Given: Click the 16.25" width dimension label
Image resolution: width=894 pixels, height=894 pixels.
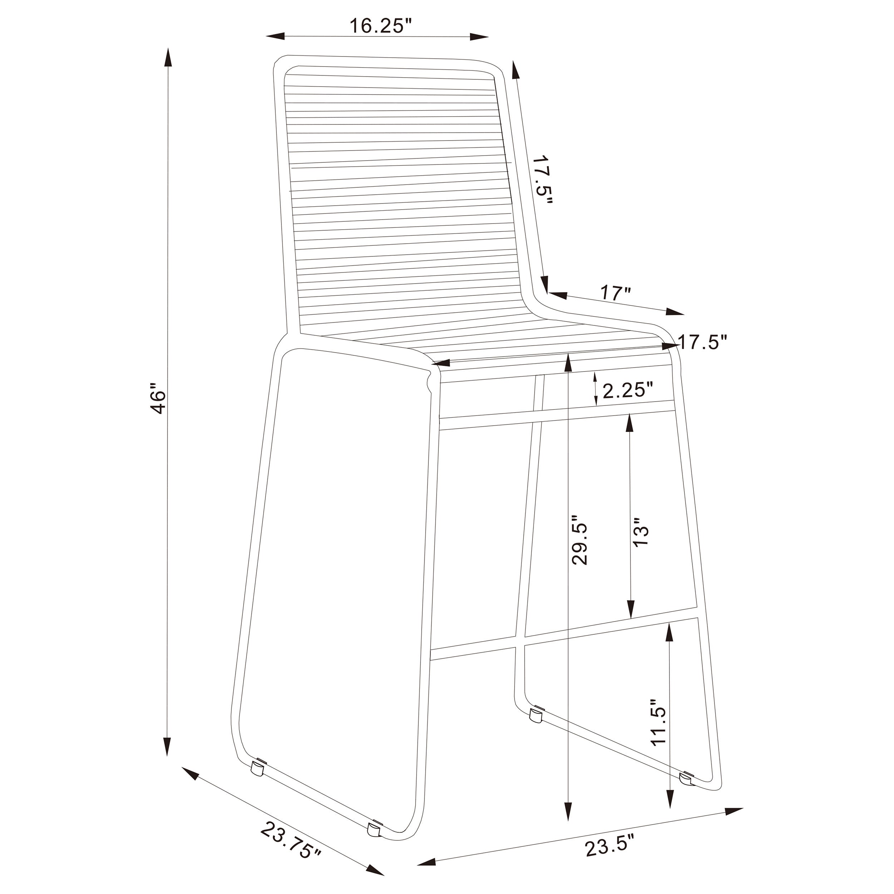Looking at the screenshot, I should pos(380,26).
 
